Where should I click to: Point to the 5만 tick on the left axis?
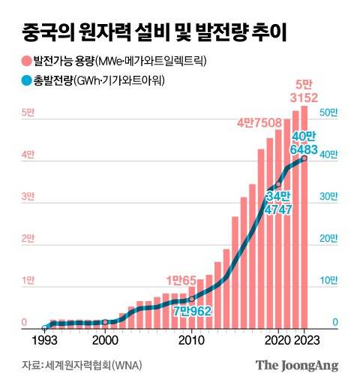click(27, 113)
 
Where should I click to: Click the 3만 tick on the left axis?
click(27, 197)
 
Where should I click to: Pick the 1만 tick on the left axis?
click(27, 281)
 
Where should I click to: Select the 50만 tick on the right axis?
click(328, 113)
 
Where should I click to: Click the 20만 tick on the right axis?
click(328, 239)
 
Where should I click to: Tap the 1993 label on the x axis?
click(46, 339)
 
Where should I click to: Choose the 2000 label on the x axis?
click(105, 339)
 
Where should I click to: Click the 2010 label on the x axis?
click(191, 339)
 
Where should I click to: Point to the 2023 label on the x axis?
click(306, 339)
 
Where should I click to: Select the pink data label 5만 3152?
click(304, 89)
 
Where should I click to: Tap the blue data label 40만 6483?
click(304, 142)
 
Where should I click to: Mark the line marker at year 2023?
click(304, 158)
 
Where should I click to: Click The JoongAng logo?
click(297, 366)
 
